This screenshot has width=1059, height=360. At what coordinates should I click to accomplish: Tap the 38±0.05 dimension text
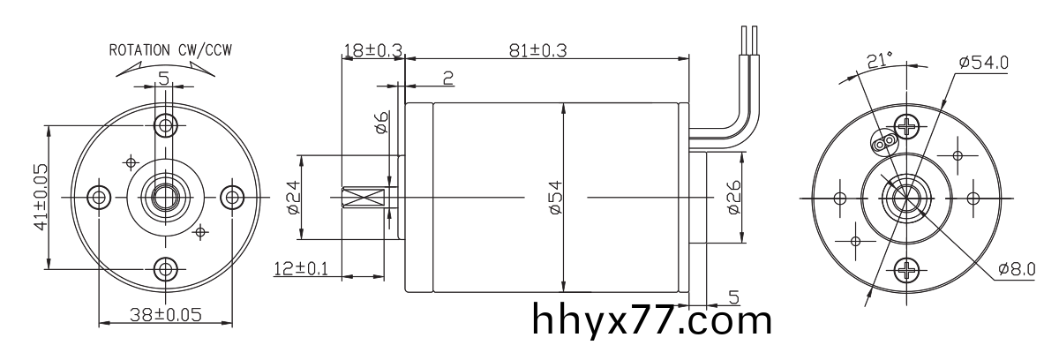point(165,314)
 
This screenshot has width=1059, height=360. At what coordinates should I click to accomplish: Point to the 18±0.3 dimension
point(372,52)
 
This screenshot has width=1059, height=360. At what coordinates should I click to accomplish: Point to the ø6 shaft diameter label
point(381,124)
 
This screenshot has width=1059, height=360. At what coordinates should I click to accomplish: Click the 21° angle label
point(880,60)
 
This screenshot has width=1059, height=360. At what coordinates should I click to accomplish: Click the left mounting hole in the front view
point(98,196)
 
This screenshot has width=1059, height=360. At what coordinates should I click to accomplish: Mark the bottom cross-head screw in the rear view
point(905,269)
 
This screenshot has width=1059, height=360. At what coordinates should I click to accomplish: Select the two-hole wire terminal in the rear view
point(883,140)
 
